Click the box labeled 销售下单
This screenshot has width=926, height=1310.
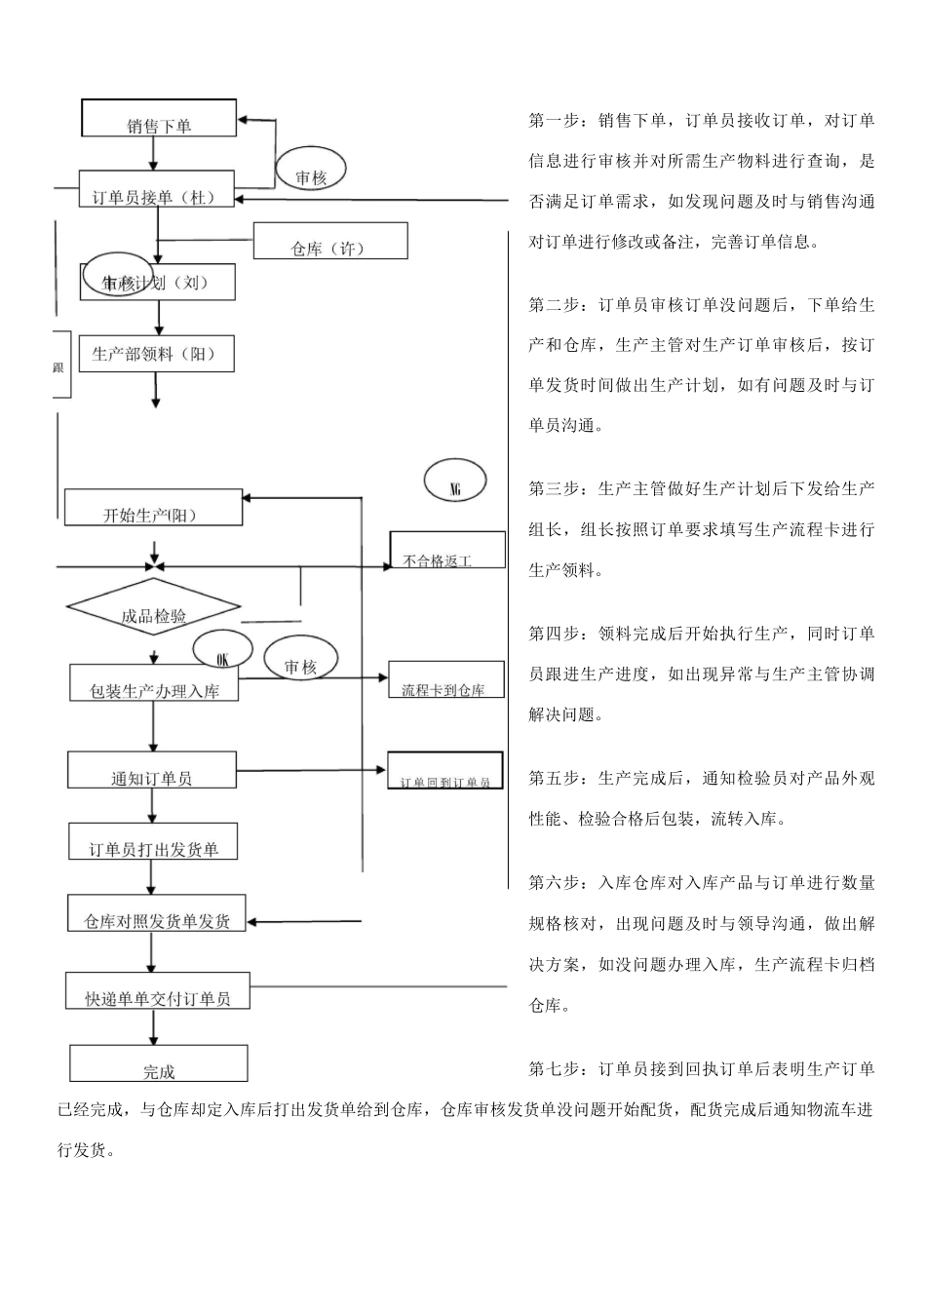[159, 118]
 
